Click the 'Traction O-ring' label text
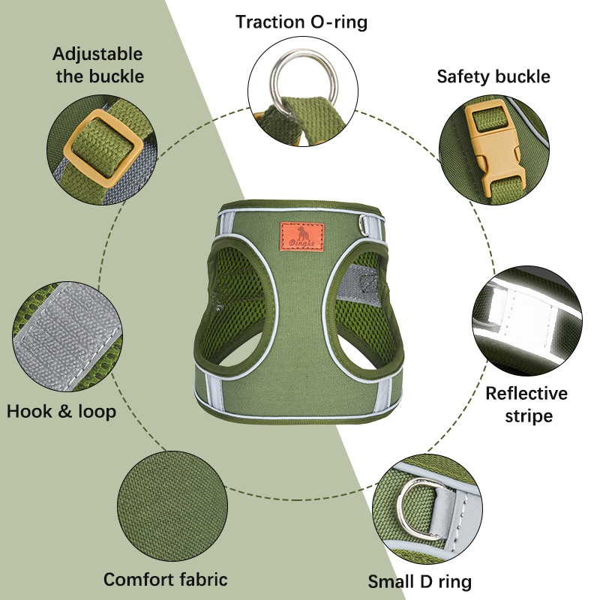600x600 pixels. click(301, 22)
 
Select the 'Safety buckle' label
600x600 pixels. click(493, 76)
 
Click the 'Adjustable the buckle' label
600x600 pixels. click(98, 65)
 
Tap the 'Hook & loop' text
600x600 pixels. click(61, 411)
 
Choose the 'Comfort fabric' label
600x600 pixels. click(166, 579)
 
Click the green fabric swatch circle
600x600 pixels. click(172, 505)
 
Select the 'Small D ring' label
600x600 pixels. click(420, 582)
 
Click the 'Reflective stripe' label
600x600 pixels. click(527, 404)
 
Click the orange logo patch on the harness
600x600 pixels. click(302, 236)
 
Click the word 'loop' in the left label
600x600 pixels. click(97, 411)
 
